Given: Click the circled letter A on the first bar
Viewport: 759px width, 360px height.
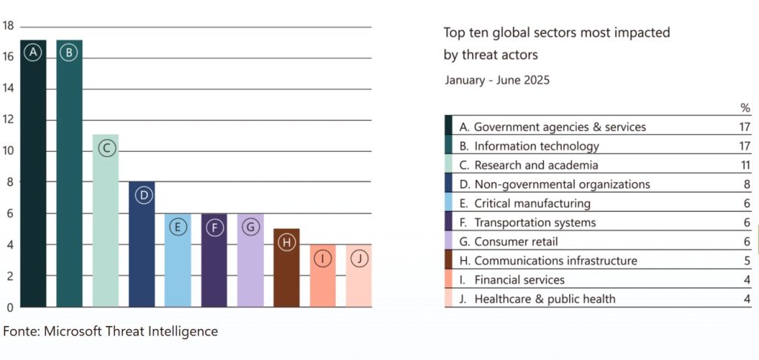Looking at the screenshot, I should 33,53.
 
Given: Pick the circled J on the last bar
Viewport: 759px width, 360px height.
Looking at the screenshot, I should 359,259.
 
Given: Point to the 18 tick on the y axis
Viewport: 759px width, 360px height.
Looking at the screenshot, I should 8,26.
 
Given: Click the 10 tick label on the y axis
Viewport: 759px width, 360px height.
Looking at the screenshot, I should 8,151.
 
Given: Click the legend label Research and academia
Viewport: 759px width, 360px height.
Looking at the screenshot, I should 536,165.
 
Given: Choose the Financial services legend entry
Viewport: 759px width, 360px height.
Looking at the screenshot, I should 519,280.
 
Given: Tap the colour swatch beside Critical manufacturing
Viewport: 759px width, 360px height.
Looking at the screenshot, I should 448,204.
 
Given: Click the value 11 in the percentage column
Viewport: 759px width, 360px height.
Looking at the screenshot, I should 745,165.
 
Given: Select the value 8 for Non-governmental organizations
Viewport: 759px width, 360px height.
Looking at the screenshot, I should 747,184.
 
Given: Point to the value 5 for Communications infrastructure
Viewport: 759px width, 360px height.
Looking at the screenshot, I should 747,261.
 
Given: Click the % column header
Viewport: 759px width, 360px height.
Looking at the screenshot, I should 746,108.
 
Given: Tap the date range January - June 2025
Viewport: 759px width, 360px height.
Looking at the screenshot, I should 497,80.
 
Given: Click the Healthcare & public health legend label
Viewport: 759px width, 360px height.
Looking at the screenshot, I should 545,299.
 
